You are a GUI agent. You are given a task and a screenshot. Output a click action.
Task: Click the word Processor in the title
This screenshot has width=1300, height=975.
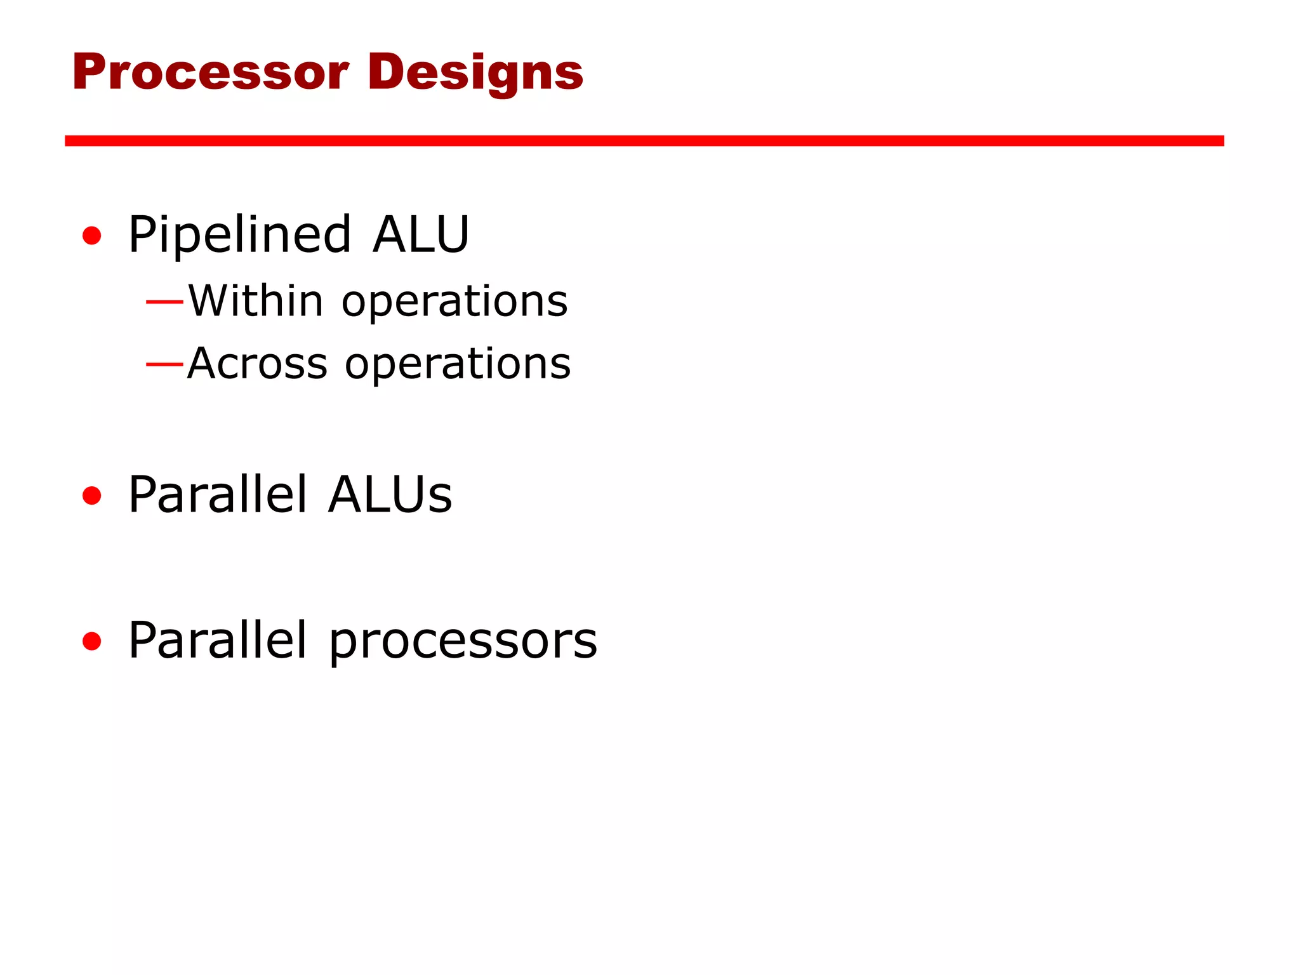tap(211, 72)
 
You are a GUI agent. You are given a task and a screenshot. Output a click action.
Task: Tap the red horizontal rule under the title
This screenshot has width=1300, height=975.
tap(644, 141)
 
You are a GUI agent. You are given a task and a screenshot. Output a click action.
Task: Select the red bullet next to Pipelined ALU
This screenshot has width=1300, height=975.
tap(92, 235)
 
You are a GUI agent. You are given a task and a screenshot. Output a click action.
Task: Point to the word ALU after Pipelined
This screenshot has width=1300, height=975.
tap(421, 235)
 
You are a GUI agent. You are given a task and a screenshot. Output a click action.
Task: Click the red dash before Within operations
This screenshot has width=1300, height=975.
tap(164, 301)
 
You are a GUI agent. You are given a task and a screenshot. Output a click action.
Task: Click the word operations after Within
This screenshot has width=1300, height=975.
tap(454, 302)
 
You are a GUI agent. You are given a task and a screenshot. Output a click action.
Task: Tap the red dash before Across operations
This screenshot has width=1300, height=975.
tap(164, 364)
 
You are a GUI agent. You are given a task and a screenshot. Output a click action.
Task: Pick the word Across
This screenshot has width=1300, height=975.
tap(257, 364)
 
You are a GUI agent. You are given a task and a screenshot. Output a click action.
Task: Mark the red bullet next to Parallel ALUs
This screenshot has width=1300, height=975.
tap(92, 495)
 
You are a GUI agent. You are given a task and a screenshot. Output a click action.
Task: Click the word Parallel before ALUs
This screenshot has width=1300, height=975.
tap(218, 494)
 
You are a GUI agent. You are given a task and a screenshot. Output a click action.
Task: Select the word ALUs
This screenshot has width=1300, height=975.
tap(390, 494)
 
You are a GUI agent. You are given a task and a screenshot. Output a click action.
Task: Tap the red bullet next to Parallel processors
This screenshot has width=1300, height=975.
tap(92, 641)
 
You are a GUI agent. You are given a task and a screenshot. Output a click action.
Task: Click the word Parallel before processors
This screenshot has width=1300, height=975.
tap(218, 640)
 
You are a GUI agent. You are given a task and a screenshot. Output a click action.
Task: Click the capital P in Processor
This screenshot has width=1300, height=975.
tap(88, 72)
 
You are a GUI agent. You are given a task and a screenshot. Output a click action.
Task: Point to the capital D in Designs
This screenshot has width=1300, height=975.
tap(385, 71)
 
